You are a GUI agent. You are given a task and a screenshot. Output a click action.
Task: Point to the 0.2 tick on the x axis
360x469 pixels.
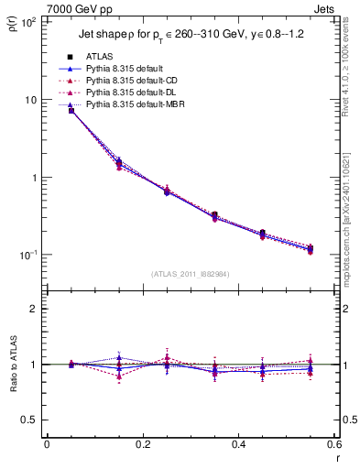pyautogui.click(x=143, y=444)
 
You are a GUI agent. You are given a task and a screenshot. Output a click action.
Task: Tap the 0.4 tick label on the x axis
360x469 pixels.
pyautogui.click(x=239, y=444)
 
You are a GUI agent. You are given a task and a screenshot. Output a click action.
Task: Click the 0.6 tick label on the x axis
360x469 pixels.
pyautogui.click(x=333, y=444)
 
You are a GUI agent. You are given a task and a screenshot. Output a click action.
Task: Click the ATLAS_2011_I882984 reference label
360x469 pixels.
pyautogui.click(x=191, y=274)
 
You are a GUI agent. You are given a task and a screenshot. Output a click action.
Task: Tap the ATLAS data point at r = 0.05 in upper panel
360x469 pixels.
pyautogui.click(x=71, y=111)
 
